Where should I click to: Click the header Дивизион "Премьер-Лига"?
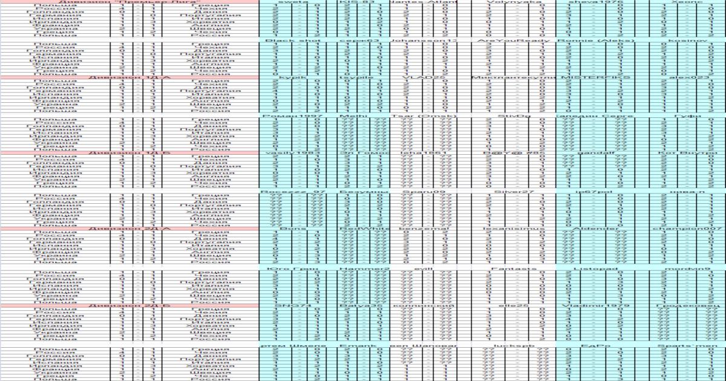pos(129,2)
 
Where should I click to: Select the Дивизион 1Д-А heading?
pos(129,77)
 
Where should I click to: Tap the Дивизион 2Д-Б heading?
pos(129,306)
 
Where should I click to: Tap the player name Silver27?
pos(506,192)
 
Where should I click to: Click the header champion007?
pos(688,229)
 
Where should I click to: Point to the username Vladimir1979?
pos(586,306)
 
